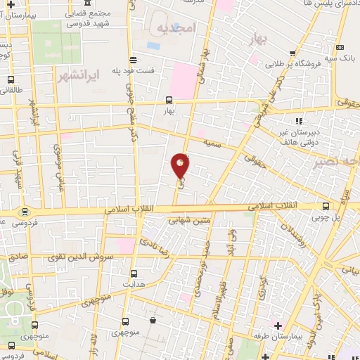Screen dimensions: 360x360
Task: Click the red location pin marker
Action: pos(181,165)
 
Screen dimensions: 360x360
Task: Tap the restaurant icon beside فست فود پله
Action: pos(133,60)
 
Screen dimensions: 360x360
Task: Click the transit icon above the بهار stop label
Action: pos(169,100)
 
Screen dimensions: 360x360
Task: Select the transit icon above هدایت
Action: pos(134,273)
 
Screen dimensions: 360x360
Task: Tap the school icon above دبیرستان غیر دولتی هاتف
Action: pos(298,121)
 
